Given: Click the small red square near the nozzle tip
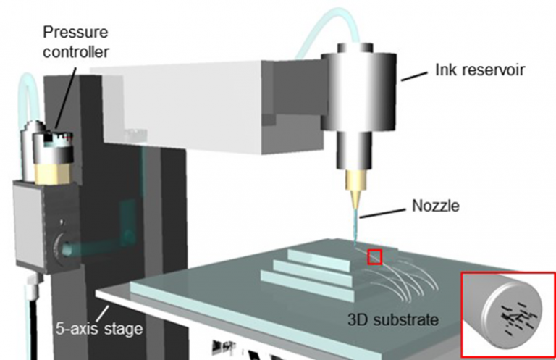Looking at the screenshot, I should pyautogui.click(x=374, y=256).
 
